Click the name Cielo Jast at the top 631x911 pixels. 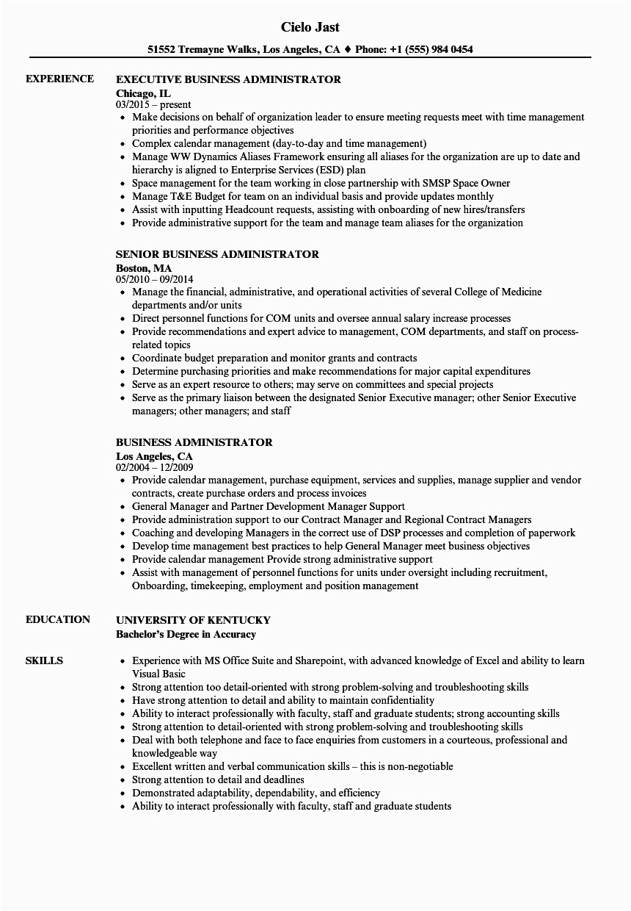coord(310,27)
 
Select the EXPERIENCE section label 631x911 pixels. coord(59,79)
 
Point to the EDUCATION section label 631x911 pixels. coord(58,619)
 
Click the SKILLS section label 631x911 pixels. coord(44,660)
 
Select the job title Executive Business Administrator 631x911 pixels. coord(228,79)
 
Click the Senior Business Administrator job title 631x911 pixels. coord(217,254)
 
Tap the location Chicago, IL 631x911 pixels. coord(144,93)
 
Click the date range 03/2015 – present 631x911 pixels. coord(153,105)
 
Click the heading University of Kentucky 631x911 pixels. coord(193,620)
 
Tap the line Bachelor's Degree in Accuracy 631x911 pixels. coord(186,634)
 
